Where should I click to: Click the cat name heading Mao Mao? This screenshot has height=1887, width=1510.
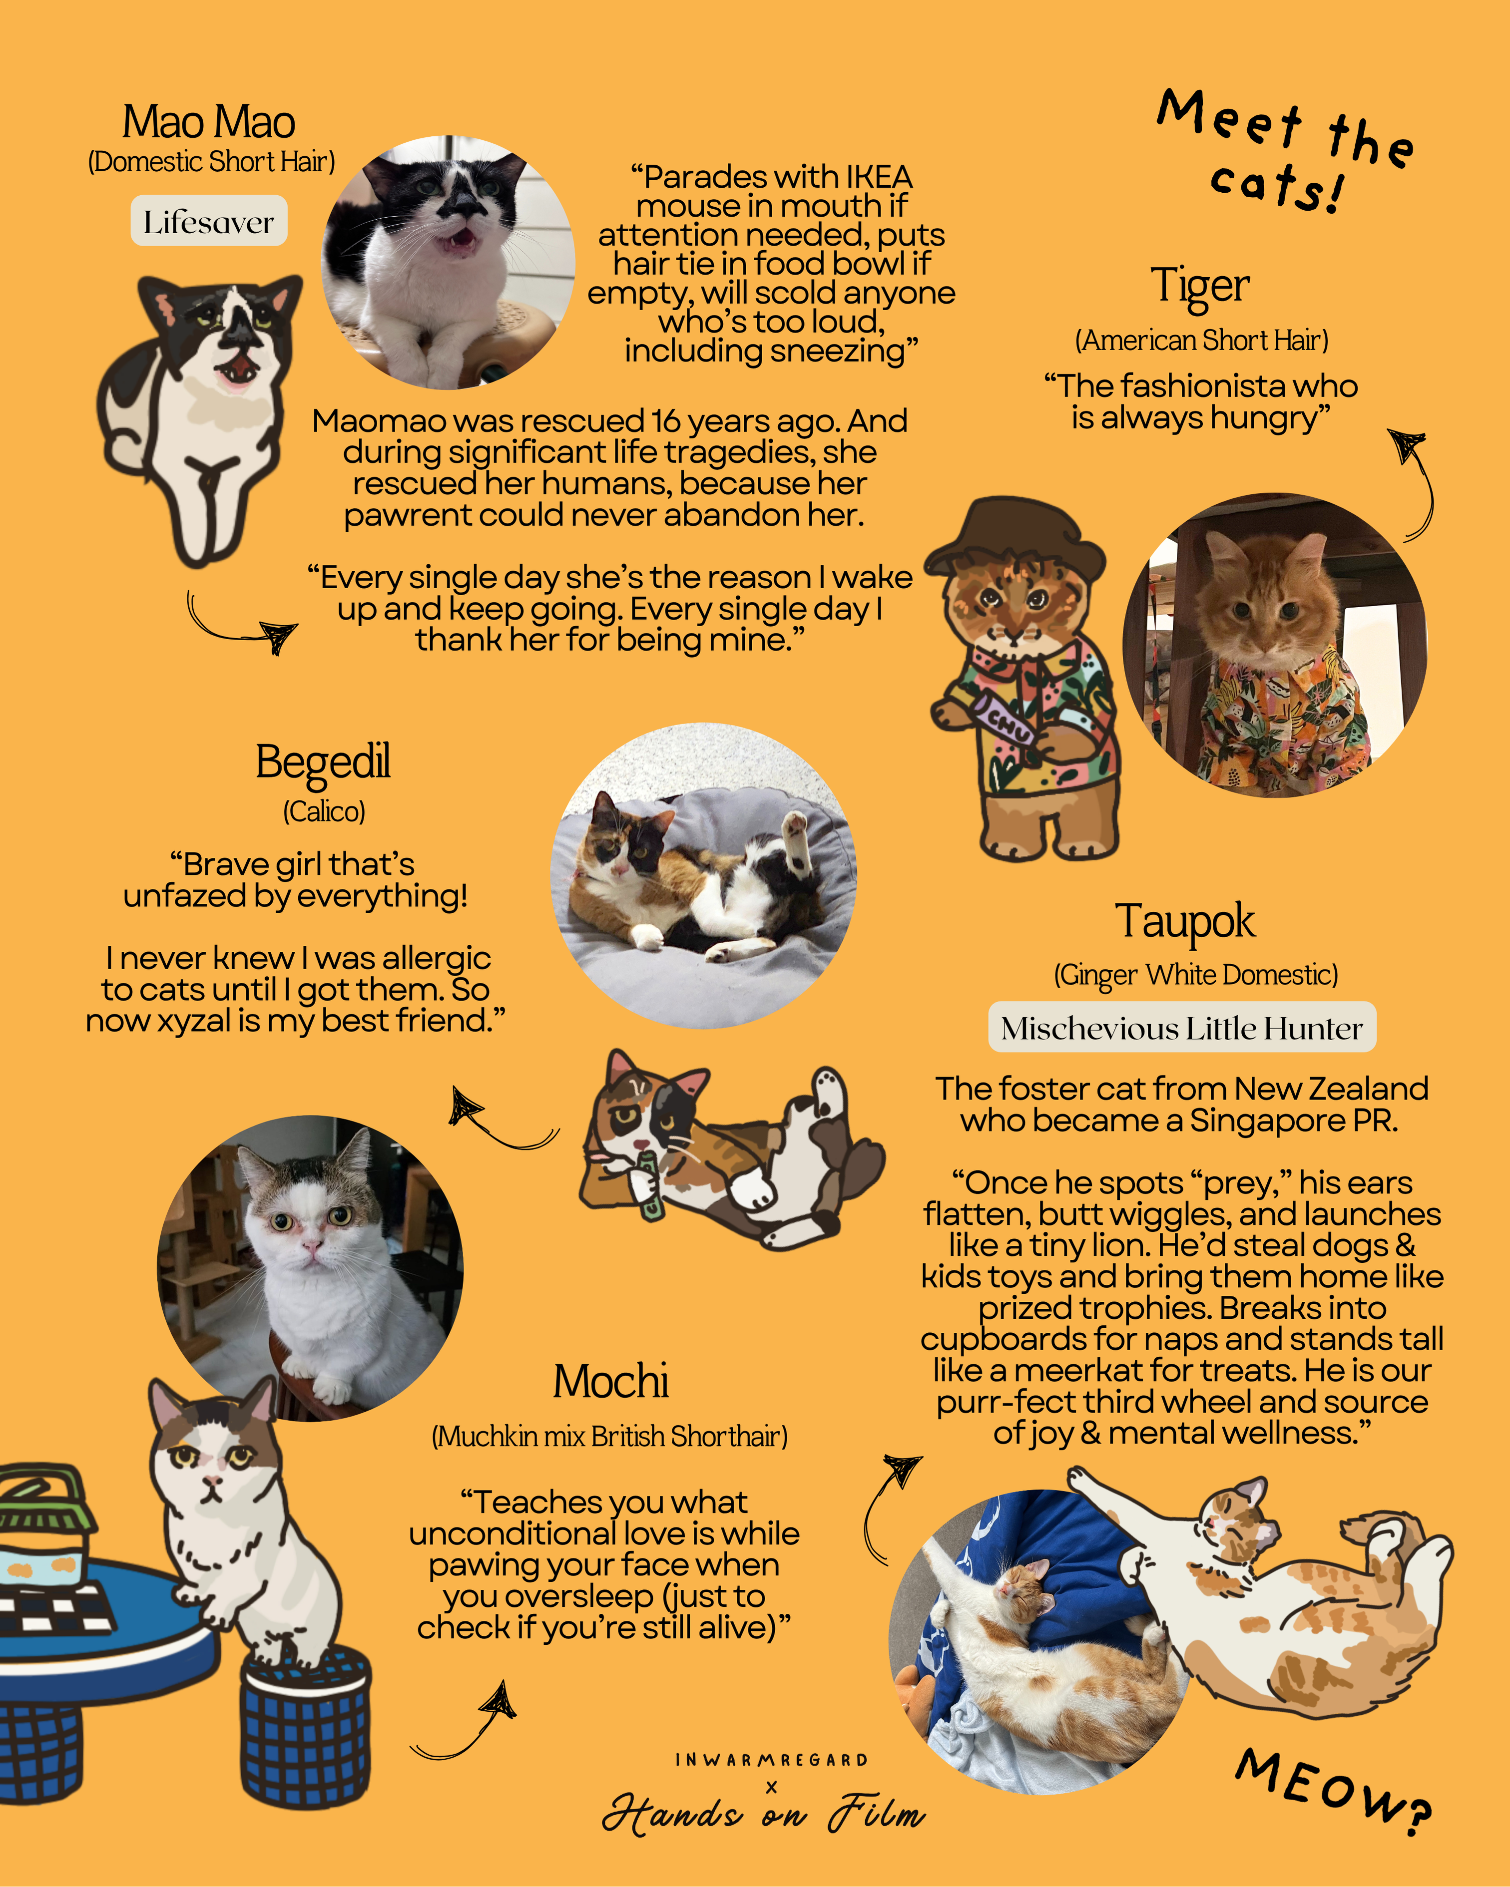(208, 122)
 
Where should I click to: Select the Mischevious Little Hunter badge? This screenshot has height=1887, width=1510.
(1182, 1028)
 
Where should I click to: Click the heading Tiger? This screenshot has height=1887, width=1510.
(1200, 285)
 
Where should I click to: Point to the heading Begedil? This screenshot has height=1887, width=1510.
(323, 761)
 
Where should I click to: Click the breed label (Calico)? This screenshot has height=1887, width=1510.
(324, 811)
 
